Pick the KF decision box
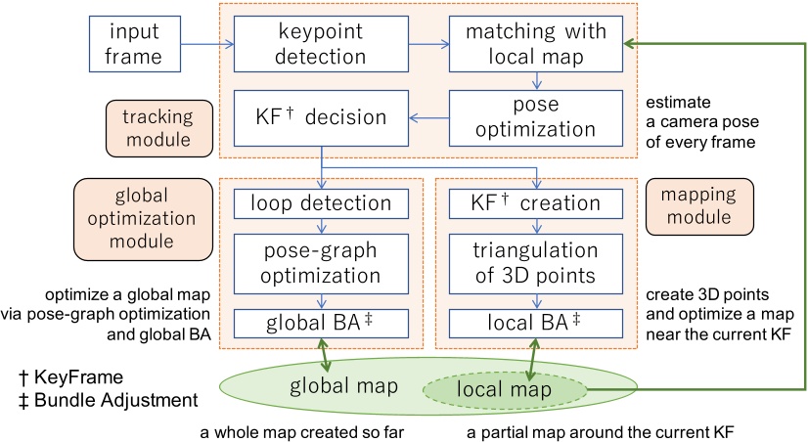point(309,116)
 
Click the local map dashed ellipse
point(504,390)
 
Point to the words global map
point(343,386)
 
